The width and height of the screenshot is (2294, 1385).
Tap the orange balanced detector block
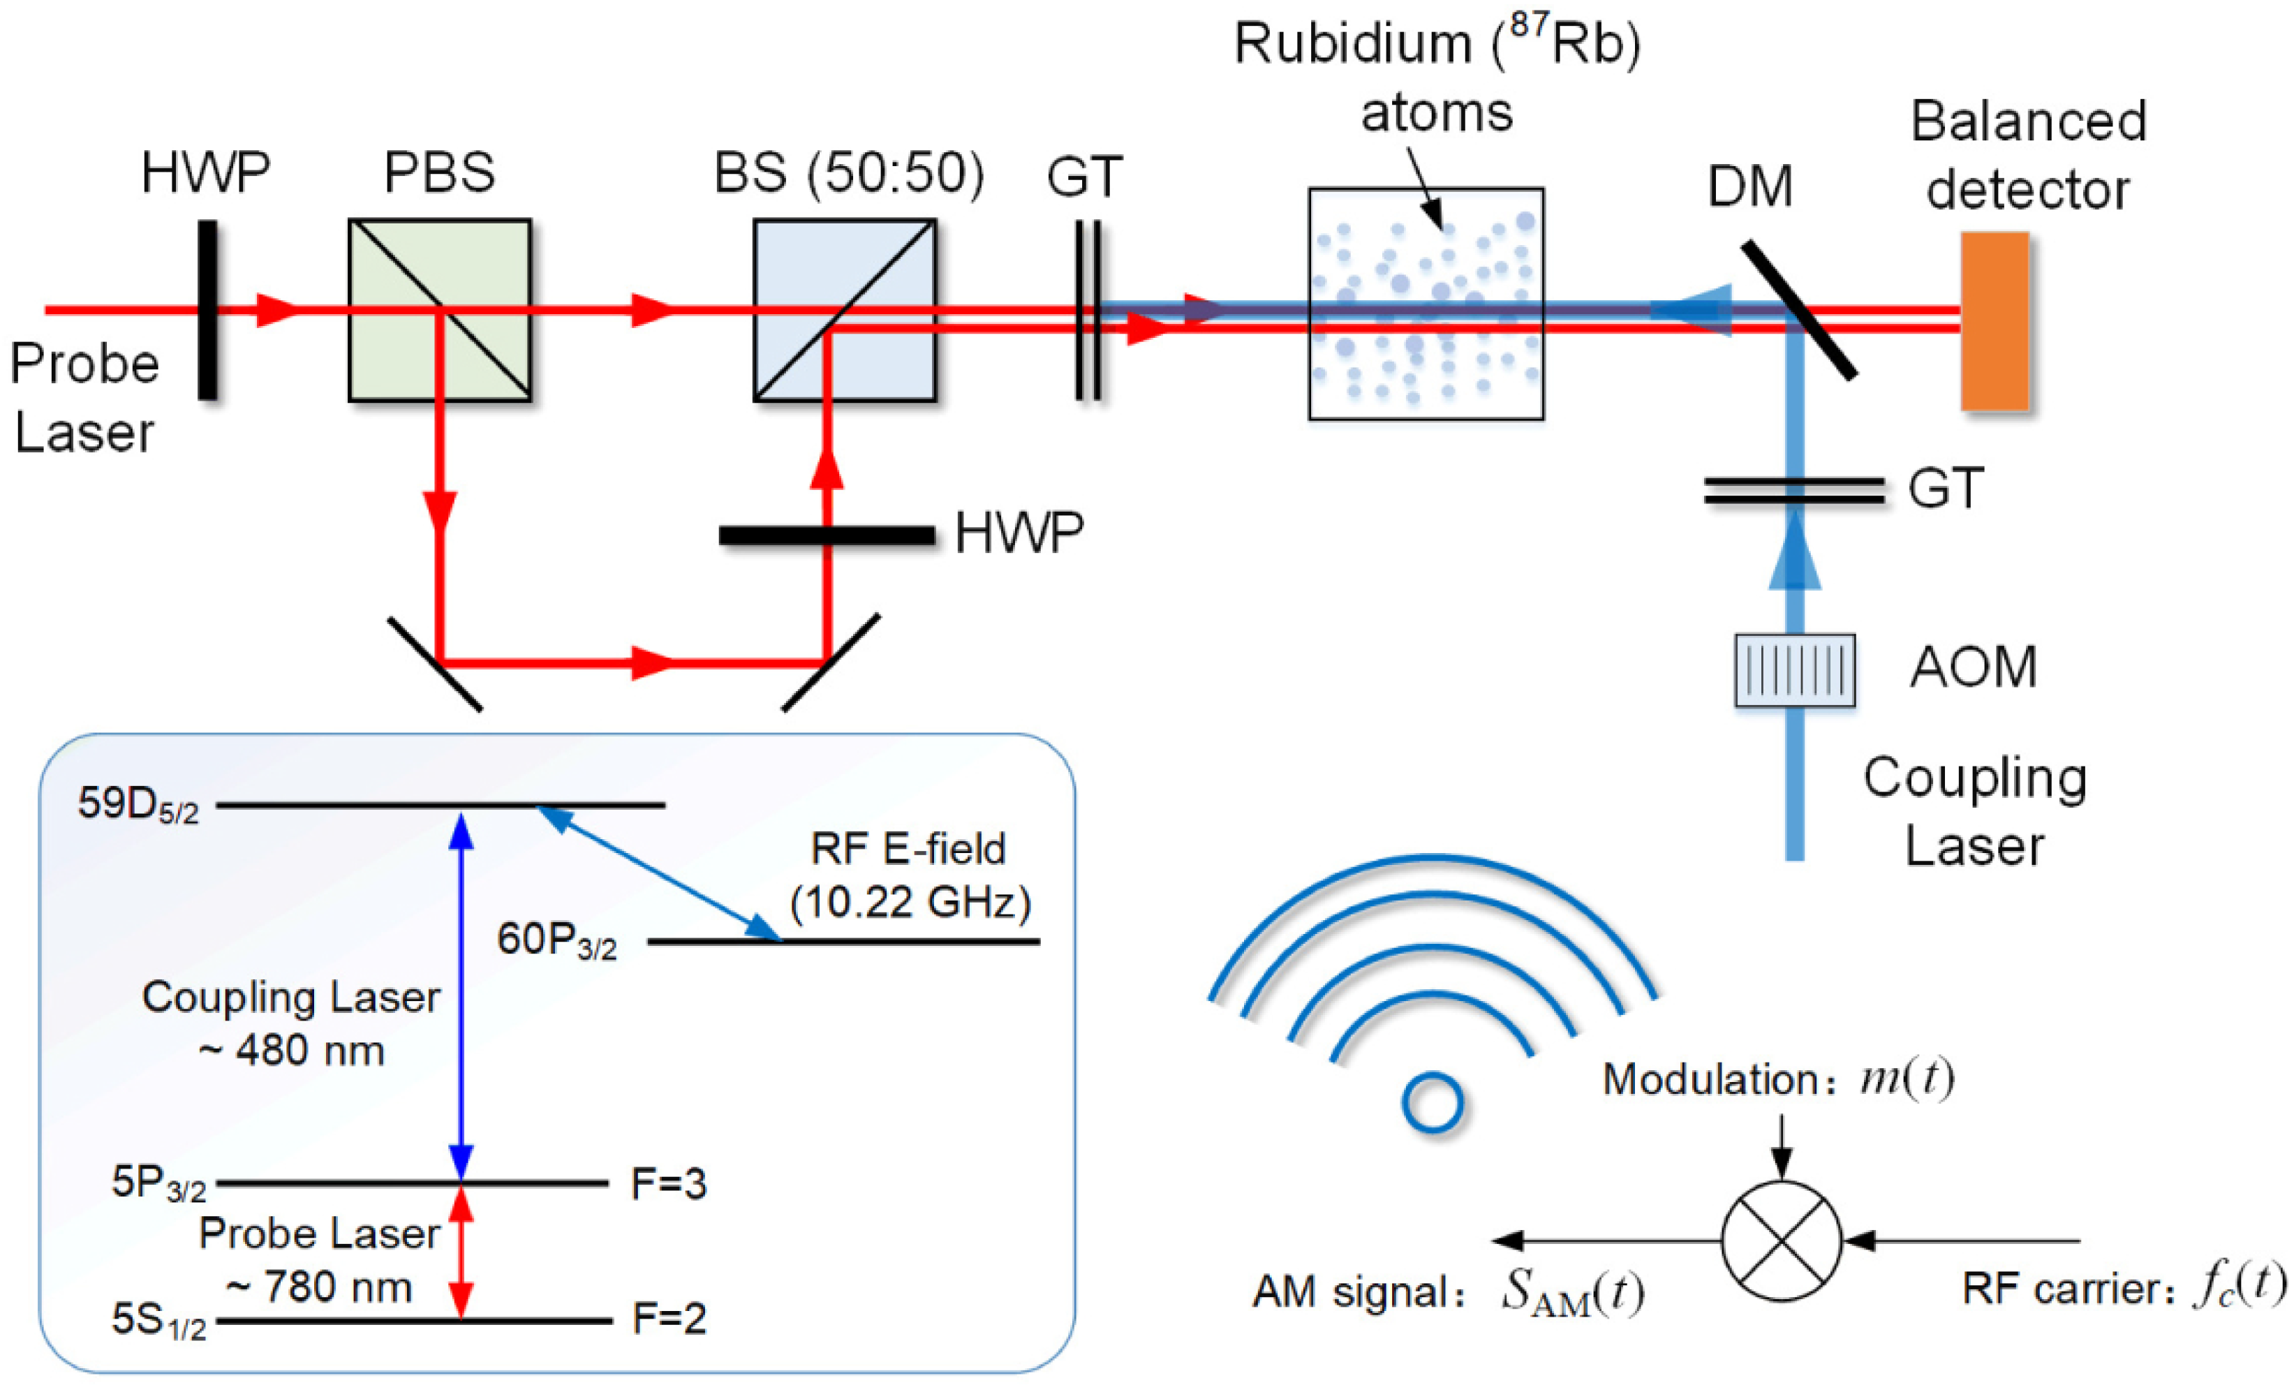(x=1995, y=321)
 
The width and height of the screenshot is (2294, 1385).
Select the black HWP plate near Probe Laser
(x=207, y=310)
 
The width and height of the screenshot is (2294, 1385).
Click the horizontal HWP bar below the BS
(x=827, y=535)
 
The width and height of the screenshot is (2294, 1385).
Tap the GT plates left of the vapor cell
(x=1088, y=310)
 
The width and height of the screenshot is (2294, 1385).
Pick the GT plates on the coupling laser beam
(x=1794, y=491)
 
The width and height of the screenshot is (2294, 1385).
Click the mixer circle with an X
(x=1780, y=1240)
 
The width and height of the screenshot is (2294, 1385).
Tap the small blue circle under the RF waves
(x=1432, y=1103)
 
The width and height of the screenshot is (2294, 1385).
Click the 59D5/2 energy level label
(x=138, y=804)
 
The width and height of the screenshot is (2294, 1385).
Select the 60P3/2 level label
(x=556, y=940)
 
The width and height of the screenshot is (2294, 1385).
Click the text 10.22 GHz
(x=910, y=902)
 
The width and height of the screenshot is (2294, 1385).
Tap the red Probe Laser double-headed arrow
(x=461, y=1252)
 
